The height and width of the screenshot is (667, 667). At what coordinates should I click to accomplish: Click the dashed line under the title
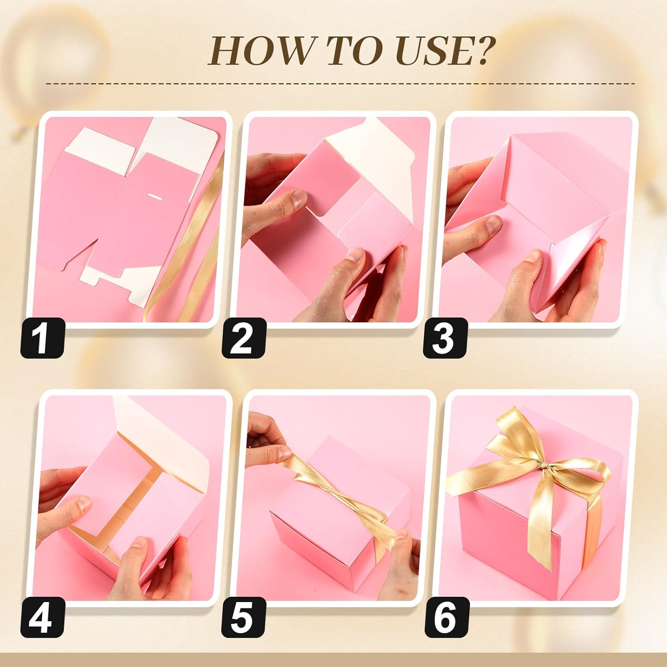340,83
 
